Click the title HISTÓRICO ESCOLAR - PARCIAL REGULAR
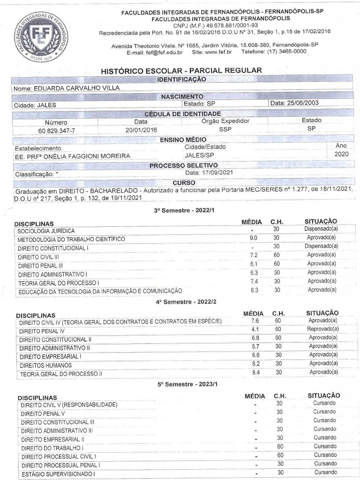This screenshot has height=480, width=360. [181, 70]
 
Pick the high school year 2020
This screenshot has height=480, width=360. [341, 154]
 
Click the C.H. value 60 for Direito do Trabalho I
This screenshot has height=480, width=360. [280, 447]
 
